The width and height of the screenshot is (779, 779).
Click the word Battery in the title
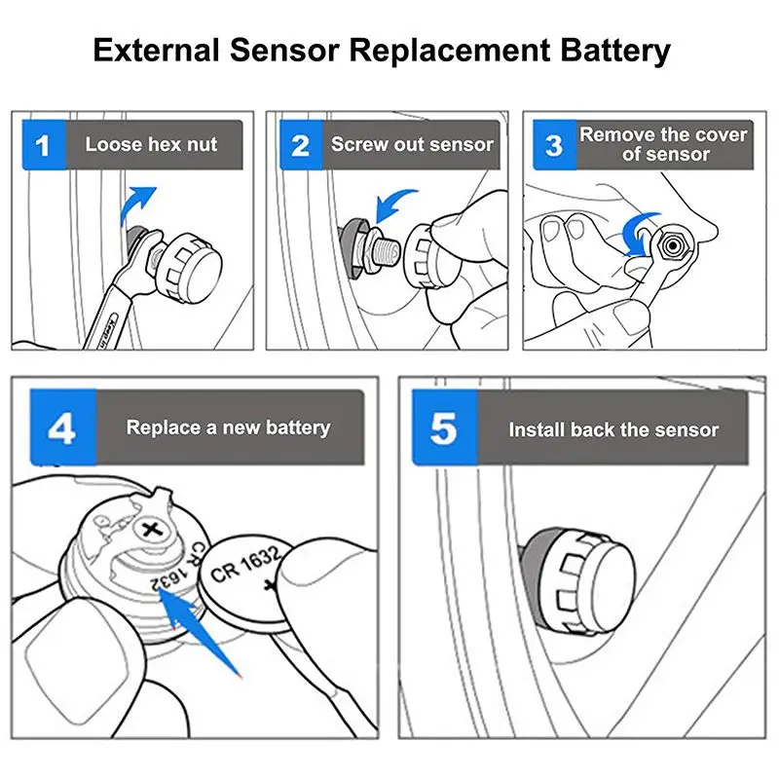pos(616,52)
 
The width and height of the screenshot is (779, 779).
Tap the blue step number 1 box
pos(44,145)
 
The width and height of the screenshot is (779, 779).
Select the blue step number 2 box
pos(301,145)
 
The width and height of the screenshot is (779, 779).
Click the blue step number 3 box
pos(554,145)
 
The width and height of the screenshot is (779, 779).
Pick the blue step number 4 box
pos(63,427)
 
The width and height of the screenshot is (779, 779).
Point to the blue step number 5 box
pos(445,427)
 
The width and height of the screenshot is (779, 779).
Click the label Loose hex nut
pos(151,144)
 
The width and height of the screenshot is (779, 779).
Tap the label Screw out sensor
pos(412,144)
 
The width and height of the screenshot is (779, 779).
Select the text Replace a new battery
pos(228,427)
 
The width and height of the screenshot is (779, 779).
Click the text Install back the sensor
pos(613,429)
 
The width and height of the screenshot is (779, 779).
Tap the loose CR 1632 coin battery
pos(248,582)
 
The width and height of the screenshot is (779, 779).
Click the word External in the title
pos(156,51)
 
